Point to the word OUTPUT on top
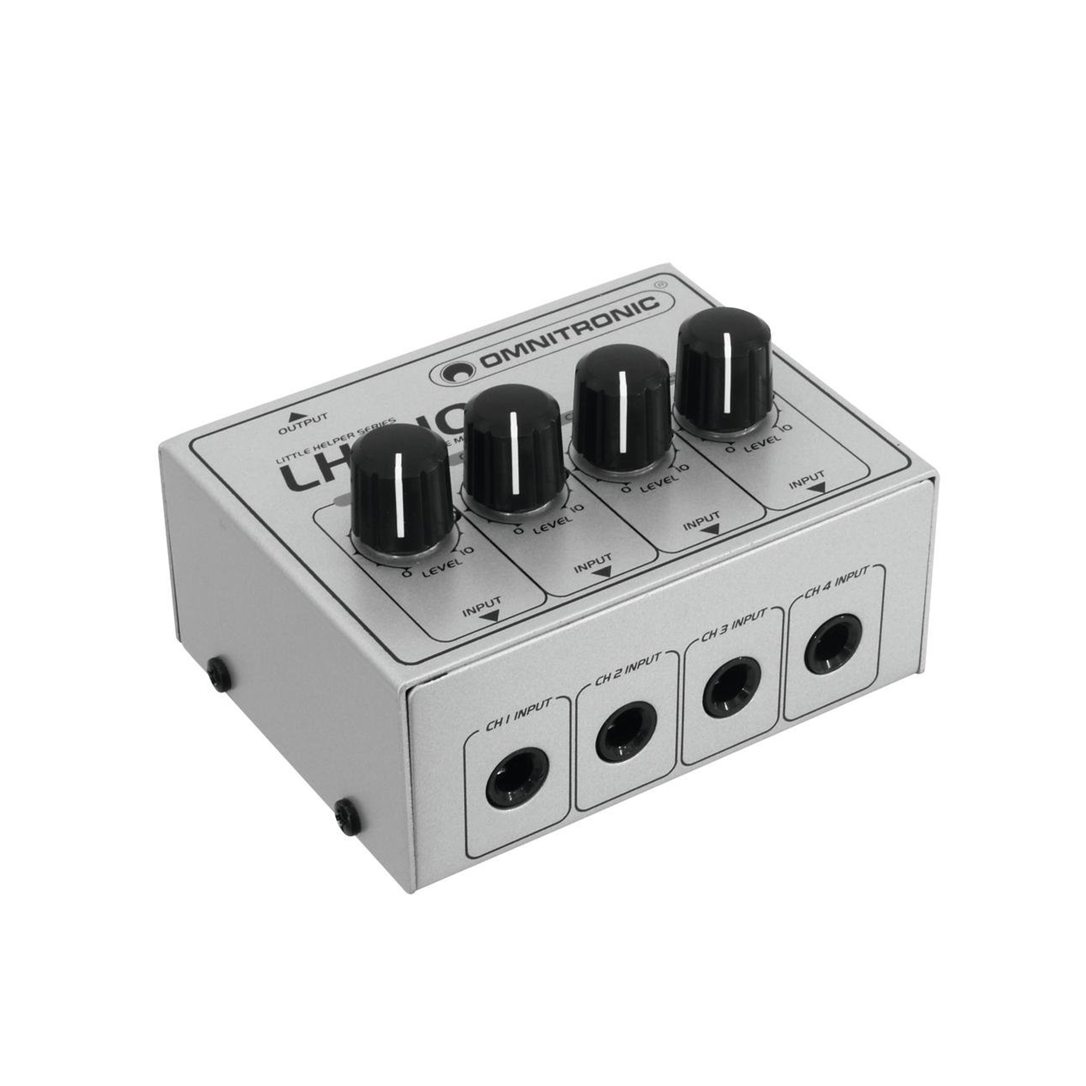[303, 423]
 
